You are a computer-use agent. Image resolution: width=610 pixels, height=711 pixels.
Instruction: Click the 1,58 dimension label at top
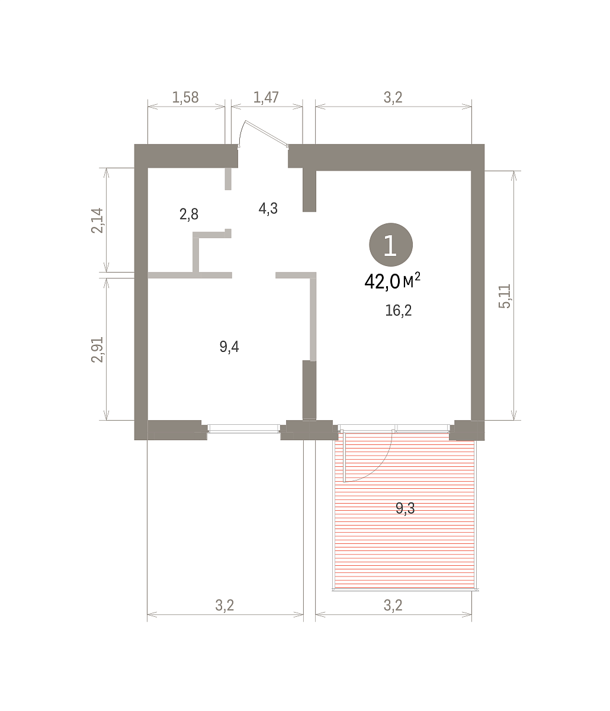tap(185, 98)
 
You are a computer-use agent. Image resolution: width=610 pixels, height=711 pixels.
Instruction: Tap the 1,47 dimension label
tap(266, 98)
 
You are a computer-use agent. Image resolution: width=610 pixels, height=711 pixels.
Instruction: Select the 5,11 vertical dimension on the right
tap(505, 296)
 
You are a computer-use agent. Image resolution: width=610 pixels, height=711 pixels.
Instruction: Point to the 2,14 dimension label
tap(97, 220)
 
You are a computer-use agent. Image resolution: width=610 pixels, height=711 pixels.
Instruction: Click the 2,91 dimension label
tap(97, 349)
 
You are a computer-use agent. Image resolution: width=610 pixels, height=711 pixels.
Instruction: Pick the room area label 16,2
tap(398, 310)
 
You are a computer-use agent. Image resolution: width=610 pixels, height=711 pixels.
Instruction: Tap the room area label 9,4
tap(229, 347)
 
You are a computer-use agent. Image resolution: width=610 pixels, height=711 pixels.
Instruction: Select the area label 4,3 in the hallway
tap(268, 209)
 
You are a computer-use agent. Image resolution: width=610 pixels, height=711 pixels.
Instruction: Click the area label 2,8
tap(189, 214)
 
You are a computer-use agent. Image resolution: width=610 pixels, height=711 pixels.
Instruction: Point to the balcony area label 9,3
tap(406, 508)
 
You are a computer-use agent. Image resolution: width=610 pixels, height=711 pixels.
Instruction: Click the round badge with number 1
tap(391, 245)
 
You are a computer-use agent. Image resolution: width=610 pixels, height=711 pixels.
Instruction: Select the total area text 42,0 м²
tap(392, 281)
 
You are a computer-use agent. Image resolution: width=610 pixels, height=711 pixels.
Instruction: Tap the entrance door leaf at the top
tap(267, 133)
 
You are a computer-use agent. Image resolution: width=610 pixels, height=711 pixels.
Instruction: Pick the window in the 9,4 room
tap(244, 428)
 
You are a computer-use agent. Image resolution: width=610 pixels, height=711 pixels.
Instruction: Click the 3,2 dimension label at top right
tap(393, 98)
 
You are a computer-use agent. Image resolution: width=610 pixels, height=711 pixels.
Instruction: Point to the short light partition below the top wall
tap(228, 179)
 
